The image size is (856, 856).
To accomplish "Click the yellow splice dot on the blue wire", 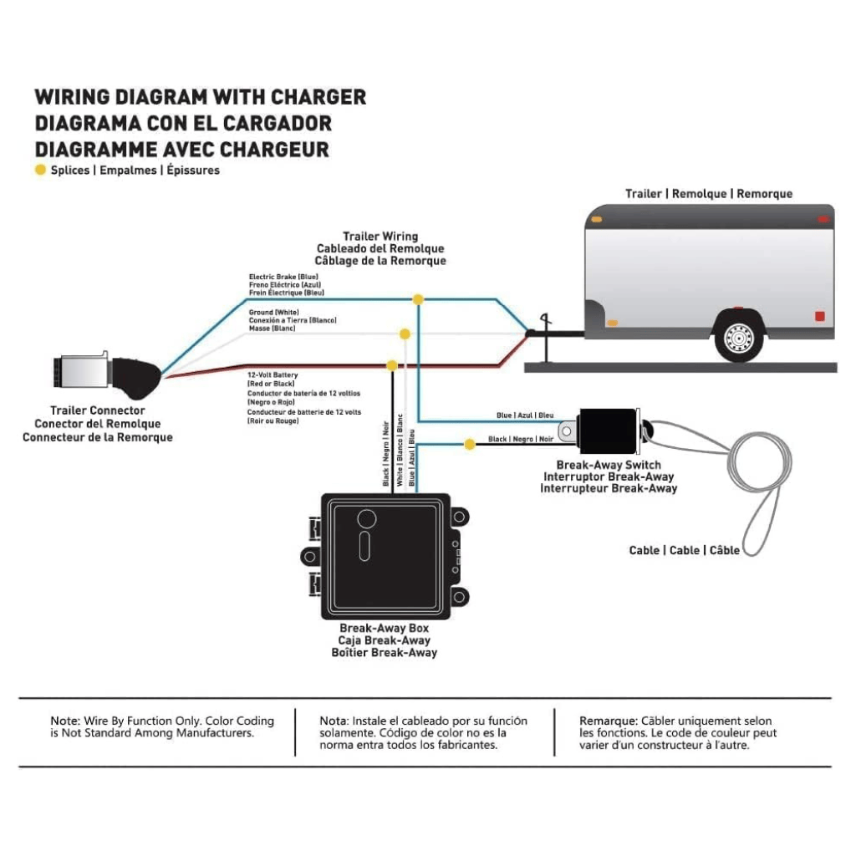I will pyautogui.click(x=417, y=298).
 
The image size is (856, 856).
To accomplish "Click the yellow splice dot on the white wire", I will pyautogui.click(x=405, y=334).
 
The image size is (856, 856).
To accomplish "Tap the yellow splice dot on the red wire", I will pyautogui.click(x=391, y=365).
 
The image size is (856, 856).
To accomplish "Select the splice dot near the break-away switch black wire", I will pyautogui.click(x=470, y=443).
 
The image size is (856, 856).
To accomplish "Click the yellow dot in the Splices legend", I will pyautogui.click(x=39, y=171).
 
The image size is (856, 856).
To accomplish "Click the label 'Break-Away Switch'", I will pyautogui.click(x=608, y=465).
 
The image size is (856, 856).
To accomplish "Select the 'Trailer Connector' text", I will pyautogui.click(x=97, y=410).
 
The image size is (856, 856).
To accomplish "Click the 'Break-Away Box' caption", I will pyautogui.click(x=384, y=628).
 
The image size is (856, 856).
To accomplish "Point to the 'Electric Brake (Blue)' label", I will pyautogui.click(x=283, y=276).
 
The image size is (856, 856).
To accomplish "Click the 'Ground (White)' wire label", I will pyautogui.click(x=274, y=312).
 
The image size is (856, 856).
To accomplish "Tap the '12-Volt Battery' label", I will pyautogui.click(x=273, y=375).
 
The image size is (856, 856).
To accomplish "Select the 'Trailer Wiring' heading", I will pyautogui.click(x=380, y=237).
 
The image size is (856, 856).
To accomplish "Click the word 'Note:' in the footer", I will pyautogui.click(x=65, y=721).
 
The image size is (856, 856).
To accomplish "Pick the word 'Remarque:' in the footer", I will pyautogui.click(x=609, y=721).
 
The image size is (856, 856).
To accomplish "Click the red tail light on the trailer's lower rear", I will pyautogui.click(x=818, y=316).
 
